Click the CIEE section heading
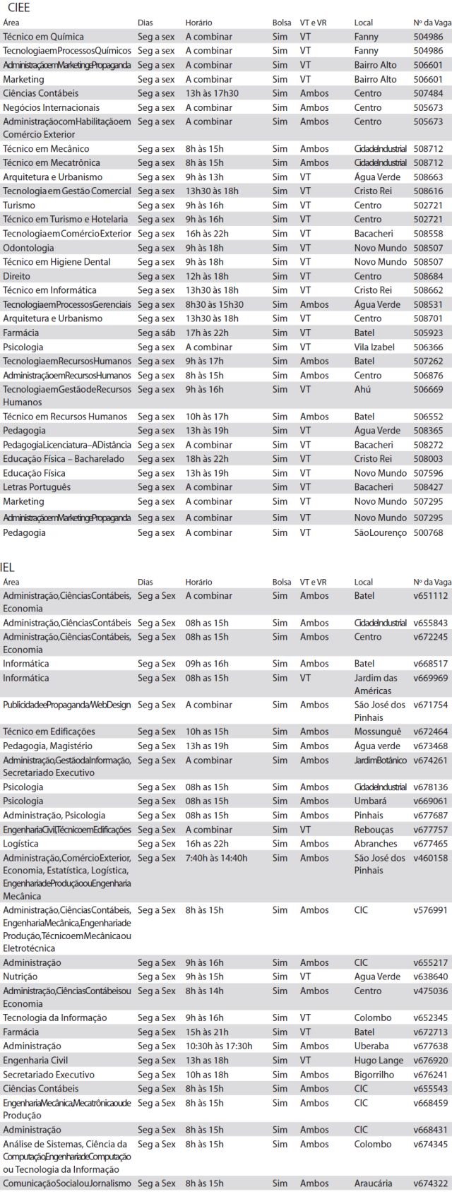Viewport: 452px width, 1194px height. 16,8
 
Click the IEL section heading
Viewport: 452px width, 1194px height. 8,567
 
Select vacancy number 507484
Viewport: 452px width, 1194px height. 428,93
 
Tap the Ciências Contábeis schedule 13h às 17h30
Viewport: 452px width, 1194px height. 212,93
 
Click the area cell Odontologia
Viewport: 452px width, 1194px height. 28,248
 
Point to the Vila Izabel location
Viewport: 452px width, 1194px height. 374,347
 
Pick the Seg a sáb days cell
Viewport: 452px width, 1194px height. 156,333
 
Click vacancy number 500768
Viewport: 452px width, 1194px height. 428,532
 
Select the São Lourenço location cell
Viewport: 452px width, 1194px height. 380,532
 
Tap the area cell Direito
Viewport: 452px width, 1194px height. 16,276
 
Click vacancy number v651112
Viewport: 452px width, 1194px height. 430,596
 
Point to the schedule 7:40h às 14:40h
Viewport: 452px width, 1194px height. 216,858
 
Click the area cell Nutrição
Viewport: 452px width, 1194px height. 21,977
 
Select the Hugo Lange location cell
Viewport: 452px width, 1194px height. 378,1060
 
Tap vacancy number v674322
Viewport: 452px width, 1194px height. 430,1183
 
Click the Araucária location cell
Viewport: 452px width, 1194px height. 374,1183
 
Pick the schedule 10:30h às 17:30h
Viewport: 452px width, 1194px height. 218,1046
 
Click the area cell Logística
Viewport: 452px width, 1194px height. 20,843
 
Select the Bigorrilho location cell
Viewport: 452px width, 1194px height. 375,1074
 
